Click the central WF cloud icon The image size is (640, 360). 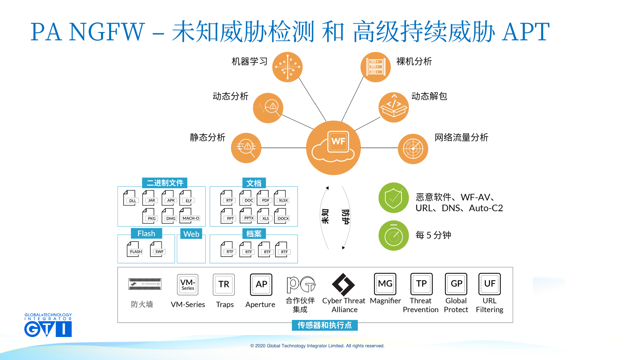click(333, 148)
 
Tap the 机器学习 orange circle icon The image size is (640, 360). click(287, 67)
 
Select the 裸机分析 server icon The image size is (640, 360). click(376, 67)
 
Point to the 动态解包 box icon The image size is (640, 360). click(394, 107)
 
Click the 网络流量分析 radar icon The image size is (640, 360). click(413, 149)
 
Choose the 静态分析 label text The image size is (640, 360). click(207, 137)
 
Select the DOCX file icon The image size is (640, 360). click(282, 216)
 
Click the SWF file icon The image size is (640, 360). click(158, 249)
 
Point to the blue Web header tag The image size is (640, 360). click(191, 234)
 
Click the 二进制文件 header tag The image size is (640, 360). click(165, 183)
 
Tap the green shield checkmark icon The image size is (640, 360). click(394, 198)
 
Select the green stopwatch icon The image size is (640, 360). click(394, 235)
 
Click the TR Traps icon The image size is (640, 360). click(224, 284)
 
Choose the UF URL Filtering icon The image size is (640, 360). click(489, 284)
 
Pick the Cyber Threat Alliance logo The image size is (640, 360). click(343, 284)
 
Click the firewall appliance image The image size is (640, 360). click(145, 284)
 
